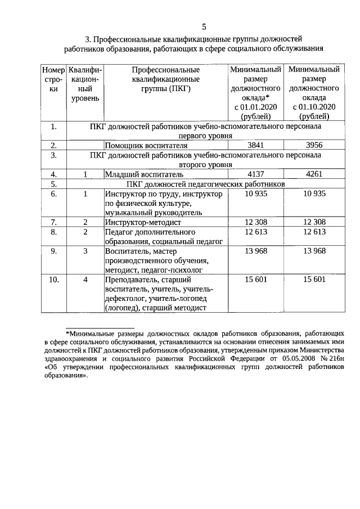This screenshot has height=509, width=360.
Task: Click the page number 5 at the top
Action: [204, 26]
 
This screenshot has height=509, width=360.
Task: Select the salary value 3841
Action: [255, 145]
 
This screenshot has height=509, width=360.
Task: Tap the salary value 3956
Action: [313, 145]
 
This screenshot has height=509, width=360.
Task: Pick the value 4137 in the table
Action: [255, 174]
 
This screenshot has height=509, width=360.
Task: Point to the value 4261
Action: [313, 174]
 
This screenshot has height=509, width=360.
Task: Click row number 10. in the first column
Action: [53, 280]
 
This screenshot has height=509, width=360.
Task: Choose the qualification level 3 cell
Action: [85, 251]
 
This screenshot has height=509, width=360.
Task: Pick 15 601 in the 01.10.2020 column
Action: [313, 280]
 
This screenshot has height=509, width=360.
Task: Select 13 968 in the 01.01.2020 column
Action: [255, 251]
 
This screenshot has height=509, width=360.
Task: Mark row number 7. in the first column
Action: [53, 222]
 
